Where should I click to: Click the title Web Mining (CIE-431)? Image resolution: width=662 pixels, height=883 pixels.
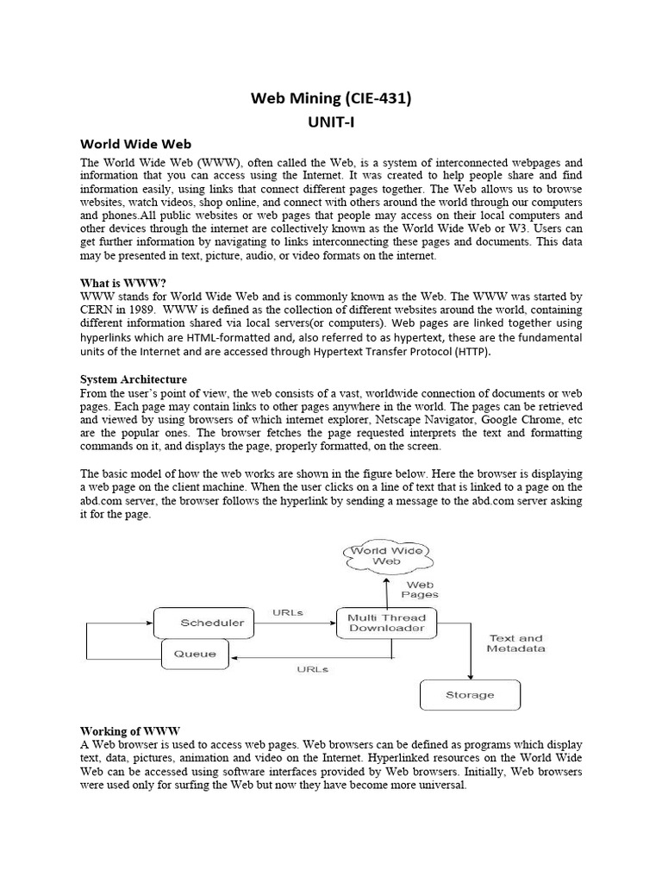331,98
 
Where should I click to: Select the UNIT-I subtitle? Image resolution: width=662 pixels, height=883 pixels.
331,122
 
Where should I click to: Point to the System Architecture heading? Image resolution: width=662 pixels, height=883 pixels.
134,379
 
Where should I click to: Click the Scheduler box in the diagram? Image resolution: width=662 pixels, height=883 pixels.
205,623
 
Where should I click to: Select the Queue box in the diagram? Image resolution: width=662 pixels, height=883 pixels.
195,653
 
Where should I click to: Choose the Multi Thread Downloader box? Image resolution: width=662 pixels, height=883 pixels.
386,623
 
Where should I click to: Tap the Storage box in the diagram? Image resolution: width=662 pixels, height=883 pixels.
470,694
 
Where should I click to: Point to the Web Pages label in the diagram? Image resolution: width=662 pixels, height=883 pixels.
420,589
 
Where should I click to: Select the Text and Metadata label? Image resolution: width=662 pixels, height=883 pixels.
515,643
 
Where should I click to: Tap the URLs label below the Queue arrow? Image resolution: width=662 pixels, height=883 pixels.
311,669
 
